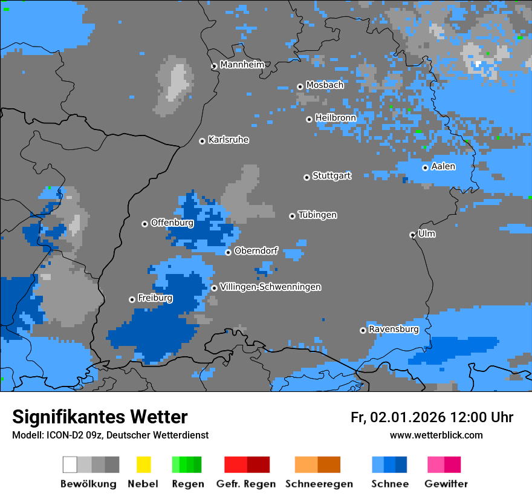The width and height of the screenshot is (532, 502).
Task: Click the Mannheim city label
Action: click(242, 65)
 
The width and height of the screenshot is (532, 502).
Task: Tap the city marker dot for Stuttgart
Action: click(307, 177)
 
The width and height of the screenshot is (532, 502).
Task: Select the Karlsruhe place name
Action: click(229, 140)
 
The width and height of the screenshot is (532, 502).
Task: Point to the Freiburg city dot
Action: click(132, 299)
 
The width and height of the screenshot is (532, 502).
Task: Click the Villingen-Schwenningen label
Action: click(270, 287)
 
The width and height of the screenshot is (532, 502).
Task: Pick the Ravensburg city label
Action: click(394, 330)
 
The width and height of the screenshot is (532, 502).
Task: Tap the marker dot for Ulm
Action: click(412, 235)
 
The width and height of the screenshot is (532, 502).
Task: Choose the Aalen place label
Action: click(443, 167)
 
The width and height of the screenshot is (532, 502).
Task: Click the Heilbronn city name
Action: click(336, 117)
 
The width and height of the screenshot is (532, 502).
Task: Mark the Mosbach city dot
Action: click(300, 86)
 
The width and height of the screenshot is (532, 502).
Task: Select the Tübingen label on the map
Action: click(317, 215)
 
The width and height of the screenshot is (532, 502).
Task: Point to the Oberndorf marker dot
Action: click(228, 252)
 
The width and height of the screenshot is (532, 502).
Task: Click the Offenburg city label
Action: click(172, 223)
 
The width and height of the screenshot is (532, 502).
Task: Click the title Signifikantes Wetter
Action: click(100, 417)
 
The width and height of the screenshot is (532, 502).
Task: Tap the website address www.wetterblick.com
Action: click(436, 435)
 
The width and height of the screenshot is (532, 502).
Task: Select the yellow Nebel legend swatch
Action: click(143, 465)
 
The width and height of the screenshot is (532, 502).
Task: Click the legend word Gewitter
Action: click(446, 484)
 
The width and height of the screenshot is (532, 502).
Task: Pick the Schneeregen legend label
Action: click(319, 484)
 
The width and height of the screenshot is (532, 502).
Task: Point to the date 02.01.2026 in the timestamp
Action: click(408, 417)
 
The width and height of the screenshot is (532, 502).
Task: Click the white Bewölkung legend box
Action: click(70, 465)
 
